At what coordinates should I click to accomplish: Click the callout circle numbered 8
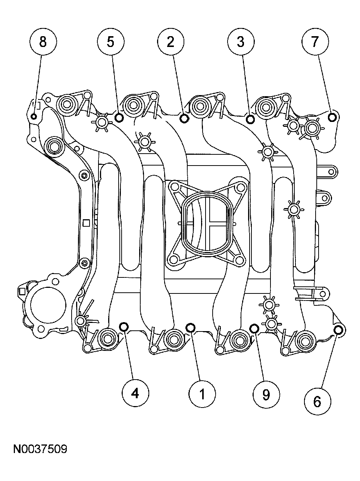(x=43, y=42)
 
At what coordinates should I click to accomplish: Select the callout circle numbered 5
(x=110, y=42)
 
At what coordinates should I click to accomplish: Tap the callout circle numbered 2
(x=170, y=42)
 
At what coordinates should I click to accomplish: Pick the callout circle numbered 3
(x=241, y=42)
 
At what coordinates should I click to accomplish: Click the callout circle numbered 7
(x=315, y=42)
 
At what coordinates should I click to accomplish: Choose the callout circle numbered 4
(x=135, y=393)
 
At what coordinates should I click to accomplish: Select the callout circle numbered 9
(x=266, y=394)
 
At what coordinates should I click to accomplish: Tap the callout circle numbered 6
(x=317, y=402)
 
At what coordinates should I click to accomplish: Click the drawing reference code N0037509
(x=40, y=449)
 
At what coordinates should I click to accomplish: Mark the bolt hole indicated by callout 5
(x=119, y=118)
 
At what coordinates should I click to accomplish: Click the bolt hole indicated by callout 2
(x=184, y=118)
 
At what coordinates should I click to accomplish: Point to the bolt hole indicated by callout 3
(x=250, y=119)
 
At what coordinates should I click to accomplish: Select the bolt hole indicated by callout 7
(x=332, y=117)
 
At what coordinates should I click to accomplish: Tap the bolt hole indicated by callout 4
(x=124, y=327)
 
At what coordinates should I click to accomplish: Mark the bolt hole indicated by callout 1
(x=190, y=328)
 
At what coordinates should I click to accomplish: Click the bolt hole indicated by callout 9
(x=254, y=328)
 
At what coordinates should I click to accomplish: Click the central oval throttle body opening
(x=206, y=225)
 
